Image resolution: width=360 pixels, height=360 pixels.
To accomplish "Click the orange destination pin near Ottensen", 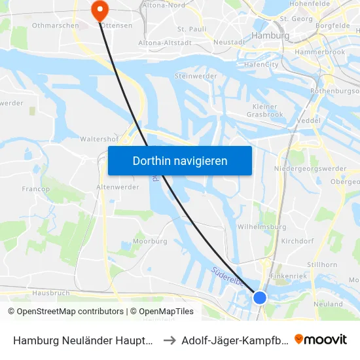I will [100, 9].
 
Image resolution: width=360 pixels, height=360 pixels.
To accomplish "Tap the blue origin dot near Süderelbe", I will [260, 297].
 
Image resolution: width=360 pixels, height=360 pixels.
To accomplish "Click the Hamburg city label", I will [270, 35].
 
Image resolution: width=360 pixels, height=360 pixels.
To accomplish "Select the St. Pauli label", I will [192, 29].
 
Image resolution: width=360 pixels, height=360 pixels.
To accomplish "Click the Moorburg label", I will [151, 242].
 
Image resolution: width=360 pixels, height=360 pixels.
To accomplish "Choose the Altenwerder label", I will [115, 187].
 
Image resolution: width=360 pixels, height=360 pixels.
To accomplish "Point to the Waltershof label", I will [98, 139].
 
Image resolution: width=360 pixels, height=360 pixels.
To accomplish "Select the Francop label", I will [36, 189].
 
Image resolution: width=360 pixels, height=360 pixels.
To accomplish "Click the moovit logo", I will [321, 339].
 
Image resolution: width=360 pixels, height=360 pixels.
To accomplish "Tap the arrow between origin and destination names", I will [169, 340].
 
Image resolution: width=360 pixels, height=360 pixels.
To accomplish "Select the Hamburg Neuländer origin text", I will [84, 340].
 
